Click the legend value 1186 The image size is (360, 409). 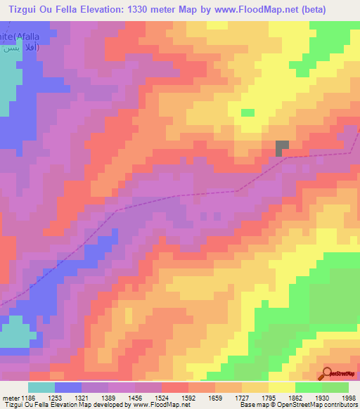pyautogui.click(x=29, y=398)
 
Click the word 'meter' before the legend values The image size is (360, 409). pyautogui.click(x=10, y=398)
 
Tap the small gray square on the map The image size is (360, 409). pyautogui.click(x=282, y=148)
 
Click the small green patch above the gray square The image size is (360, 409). pyautogui.click(x=247, y=112)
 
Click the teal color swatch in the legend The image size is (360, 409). pyautogui.click(x=41, y=387)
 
